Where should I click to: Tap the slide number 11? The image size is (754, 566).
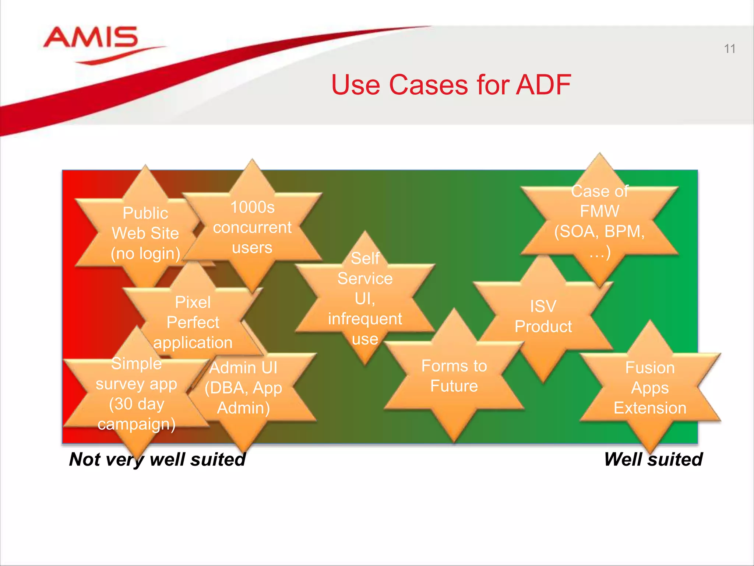tap(729, 49)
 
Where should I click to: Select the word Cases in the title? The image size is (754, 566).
tap(428, 85)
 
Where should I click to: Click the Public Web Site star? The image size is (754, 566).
tap(145, 233)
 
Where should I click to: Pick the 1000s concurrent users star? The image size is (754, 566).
tap(252, 227)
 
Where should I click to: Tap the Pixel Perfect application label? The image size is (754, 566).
tap(193, 322)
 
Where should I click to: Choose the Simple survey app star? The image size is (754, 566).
tap(136, 394)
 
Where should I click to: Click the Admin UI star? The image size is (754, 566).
tap(243, 388)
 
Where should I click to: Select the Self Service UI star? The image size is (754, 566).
tap(365, 298)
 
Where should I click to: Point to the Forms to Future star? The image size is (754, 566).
tap(454, 376)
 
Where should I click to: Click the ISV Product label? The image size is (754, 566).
tap(543, 316)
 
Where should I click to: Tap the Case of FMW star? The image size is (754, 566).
tap(599, 221)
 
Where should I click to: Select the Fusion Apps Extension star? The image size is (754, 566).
tap(650, 388)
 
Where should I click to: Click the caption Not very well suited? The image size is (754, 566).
tap(158, 460)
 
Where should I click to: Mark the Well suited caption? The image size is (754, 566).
tap(653, 460)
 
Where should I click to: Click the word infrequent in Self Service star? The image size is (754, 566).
tap(365, 319)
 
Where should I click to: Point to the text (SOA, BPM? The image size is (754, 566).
tap(599, 231)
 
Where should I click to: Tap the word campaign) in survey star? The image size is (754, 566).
tap(136, 424)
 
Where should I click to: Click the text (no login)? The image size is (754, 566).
tap(145, 254)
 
